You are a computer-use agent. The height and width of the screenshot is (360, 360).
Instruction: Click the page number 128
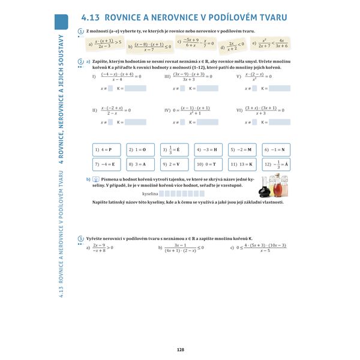[x=179, y=350]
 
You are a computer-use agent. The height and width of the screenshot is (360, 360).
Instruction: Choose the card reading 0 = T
[x=207, y=164]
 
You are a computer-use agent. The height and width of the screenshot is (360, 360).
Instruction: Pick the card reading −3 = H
[x=207, y=149]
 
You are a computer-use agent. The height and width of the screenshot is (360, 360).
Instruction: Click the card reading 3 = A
[x=139, y=164]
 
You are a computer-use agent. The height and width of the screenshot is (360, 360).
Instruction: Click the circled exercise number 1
[x=81, y=31]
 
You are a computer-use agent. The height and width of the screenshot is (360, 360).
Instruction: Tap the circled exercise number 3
[x=81, y=239]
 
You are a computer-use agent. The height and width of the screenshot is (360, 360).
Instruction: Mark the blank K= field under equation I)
[x=136, y=88]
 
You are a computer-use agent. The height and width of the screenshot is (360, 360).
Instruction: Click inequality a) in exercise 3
[x=100, y=247]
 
